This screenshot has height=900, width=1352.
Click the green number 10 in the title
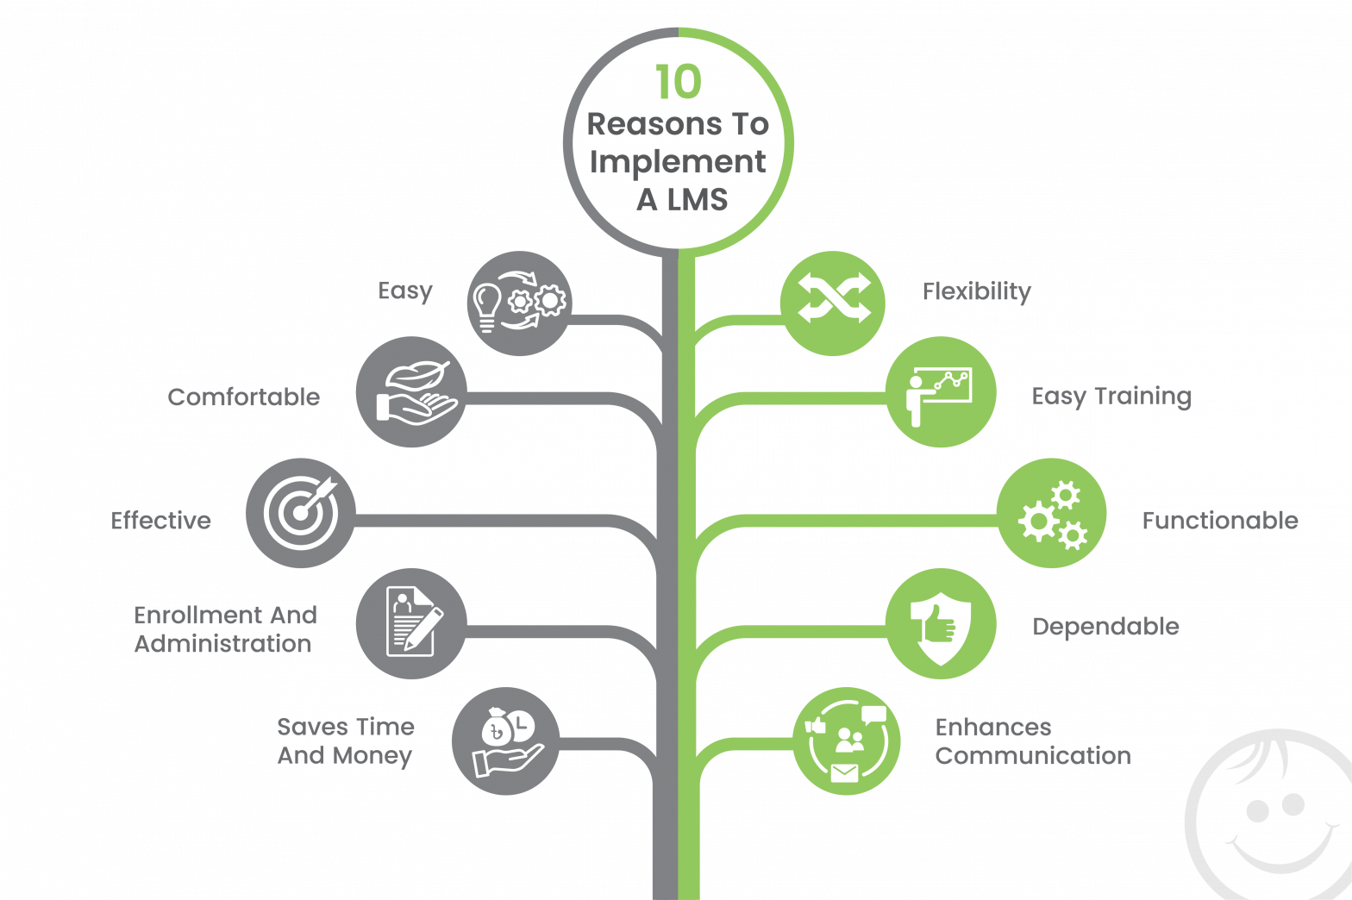pos(678,83)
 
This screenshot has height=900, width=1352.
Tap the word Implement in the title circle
pos(678,162)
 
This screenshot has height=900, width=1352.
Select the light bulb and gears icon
pos(519,303)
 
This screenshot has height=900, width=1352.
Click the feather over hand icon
pos(412,393)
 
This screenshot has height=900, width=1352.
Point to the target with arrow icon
pos(301,513)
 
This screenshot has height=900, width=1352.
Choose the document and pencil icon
pos(411,623)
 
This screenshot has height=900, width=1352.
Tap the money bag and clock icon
pos(506,741)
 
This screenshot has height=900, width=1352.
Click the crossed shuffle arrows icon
pos(833,303)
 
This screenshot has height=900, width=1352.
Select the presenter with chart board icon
pos(941,393)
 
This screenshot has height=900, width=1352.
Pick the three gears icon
pos(1051,514)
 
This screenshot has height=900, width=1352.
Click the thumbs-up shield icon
pos(941,623)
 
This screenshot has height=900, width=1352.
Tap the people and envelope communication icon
pos(847,741)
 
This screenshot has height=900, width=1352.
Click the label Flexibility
pos(976,292)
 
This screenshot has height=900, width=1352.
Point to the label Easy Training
pos(1111,397)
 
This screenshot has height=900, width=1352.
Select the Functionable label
pos(1220,521)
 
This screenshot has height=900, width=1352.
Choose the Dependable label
pos(1105,627)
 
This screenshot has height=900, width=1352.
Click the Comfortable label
pos(244,397)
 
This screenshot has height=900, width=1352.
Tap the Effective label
pos(161,521)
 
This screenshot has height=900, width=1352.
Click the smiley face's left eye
pos(1257,810)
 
